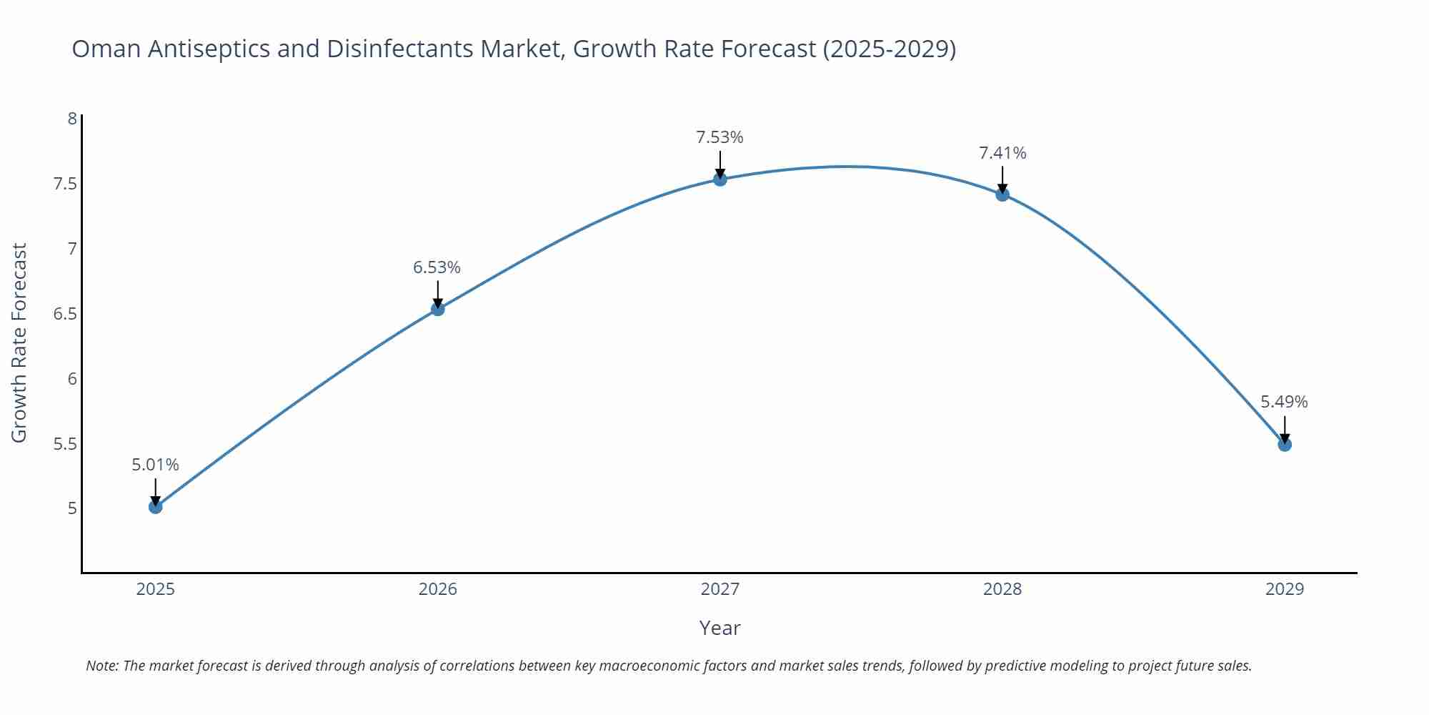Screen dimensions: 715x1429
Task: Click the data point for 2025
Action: pyautogui.click(x=156, y=507)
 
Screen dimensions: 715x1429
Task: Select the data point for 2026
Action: pyautogui.click(x=438, y=309)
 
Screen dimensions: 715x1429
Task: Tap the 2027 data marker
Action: pyautogui.click(x=720, y=179)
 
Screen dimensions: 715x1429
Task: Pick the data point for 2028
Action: pyautogui.click(x=1002, y=194)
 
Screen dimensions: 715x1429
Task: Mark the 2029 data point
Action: pyautogui.click(x=1285, y=445)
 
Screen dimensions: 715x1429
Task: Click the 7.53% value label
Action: pyautogui.click(x=720, y=137)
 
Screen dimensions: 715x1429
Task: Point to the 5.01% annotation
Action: pyautogui.click(x=156, y=465)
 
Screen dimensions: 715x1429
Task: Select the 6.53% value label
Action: pyautogui.click(x=437, y=267)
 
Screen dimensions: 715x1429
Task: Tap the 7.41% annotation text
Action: pyautogui.click(x=1002, y=153)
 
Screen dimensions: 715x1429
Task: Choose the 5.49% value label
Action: pyautogui.click(x=1284, y=402)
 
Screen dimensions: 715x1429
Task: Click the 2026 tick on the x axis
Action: pyautogui.click(x=438, y=589)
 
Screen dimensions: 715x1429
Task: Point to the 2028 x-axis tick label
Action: pyautogui.click(x=1002, y=589)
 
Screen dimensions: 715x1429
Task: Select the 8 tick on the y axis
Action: pyautogui.click(x=72, y=119)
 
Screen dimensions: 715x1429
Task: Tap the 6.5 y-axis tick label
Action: pyautogui.click(x=65, y=314)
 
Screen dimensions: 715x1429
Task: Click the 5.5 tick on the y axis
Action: pyautogui.click(x=65, y=444)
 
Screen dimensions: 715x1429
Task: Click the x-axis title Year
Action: pyautogui.click(x=720, y=628)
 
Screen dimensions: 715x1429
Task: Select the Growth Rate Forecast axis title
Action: pyautogui.click(x=19, y=342)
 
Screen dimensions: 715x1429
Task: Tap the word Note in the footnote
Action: pyautogui.click(x=102, y=666)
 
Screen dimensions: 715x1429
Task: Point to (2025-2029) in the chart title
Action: pyautogui.click(x=889, y=49)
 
